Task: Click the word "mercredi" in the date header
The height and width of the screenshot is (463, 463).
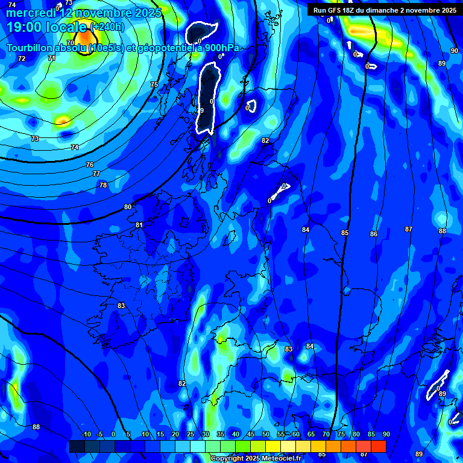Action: coord(31,13)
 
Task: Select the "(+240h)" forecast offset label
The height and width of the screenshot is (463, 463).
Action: coord(107,27)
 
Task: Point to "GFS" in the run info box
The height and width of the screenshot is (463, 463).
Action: coord(335,10)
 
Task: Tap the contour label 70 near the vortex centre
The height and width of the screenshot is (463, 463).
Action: coord(71,43)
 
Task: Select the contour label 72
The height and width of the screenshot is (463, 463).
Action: coord(22,58)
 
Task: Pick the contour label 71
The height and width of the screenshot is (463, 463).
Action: coord(52,58)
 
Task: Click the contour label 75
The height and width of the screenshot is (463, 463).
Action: coord(154,85)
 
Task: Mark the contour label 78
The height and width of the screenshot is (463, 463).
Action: coord(103,185)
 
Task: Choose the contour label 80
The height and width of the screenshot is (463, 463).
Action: coord(128,207)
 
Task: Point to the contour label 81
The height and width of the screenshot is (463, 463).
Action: coord(139,225)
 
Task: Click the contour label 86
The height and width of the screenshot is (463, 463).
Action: coord(374,234)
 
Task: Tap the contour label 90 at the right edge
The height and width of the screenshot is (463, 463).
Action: coord(454,51)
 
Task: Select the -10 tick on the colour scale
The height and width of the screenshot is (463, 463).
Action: coord(86,435)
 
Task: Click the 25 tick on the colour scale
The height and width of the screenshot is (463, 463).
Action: coord(191,435)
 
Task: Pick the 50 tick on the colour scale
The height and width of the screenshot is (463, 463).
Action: coord(266,435)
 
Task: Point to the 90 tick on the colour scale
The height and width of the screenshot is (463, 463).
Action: coord(386,435)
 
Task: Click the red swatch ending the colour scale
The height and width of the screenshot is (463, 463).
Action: coord(379,446)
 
